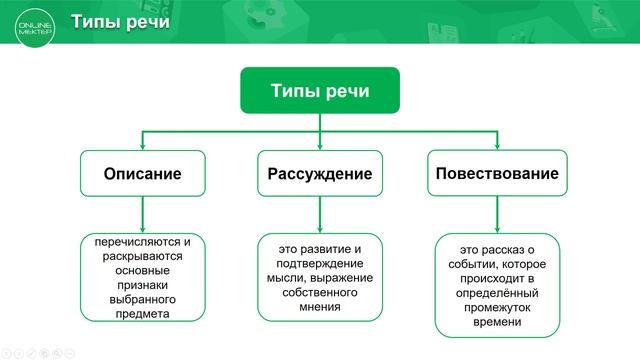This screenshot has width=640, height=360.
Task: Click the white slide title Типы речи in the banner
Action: tap(119, 22)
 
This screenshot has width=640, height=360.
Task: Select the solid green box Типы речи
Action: tap(320, 90)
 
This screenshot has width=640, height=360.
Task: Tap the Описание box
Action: tap(142, 173)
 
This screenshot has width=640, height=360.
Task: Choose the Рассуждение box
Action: tap(320, 173)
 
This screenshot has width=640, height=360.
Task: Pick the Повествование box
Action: tap(496, 173)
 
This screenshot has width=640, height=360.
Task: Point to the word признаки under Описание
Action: tap(143, 284)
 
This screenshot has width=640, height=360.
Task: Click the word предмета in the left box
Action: tap(143, 313)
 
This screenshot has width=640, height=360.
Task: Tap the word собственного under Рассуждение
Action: tap(320, 291)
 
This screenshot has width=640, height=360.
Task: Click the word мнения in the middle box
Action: tap(320, 306)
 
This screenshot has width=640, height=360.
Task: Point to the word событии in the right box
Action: tap(472, 264)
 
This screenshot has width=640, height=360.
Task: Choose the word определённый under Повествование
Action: tap(497, 293)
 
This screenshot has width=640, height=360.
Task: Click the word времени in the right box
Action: tap(497, 322)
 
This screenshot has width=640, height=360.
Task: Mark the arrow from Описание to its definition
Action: tap(142, 213)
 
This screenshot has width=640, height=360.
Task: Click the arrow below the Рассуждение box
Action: tap(320, 213)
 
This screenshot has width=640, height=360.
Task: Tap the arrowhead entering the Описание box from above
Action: tap(142, 145)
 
